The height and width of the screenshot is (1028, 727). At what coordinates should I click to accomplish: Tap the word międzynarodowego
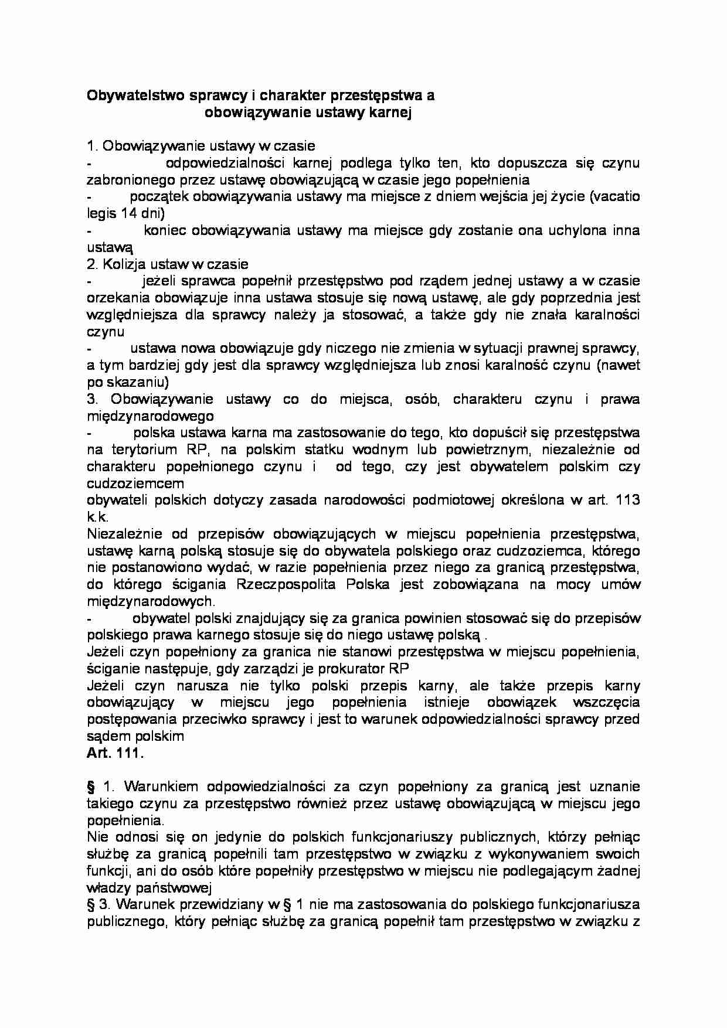[150, 416]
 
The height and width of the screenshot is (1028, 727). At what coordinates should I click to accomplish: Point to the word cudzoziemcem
[135, 484]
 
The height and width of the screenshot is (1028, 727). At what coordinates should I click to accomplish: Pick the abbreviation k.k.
[97, 517]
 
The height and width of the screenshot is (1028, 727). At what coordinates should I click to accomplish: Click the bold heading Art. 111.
[115, 754]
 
